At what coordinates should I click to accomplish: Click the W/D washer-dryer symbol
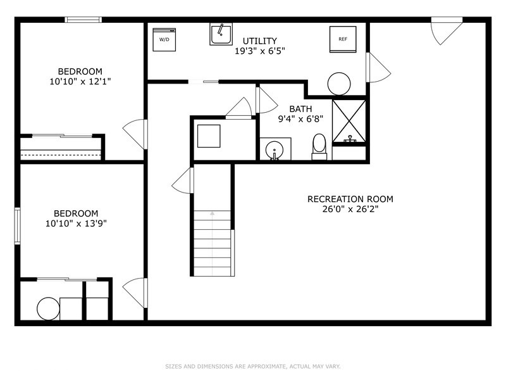tap(164, 39)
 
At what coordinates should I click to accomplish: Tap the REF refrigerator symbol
tap(343, 39)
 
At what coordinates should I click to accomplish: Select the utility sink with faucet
tap(221, 34)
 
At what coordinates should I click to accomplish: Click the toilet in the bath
tap(319, 147)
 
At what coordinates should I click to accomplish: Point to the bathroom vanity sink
tap(275, 149)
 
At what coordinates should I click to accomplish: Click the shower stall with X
tap(349, 120)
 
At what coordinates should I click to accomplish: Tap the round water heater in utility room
tap(339, 84)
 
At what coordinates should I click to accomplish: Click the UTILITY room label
tap(259, 41)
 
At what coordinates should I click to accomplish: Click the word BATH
tap(300, 109)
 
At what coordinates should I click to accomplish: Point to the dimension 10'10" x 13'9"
tap(75, 223)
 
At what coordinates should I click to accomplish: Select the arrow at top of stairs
tap(213, 215)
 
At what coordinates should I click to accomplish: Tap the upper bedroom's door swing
tap(135, 134)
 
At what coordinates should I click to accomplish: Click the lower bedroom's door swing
tap(135, 293)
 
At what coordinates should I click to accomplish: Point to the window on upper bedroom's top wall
tap(84, 20)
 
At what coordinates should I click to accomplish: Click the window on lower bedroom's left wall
tap(18, 225)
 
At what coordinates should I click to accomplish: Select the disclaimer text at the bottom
tap(253, 366)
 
